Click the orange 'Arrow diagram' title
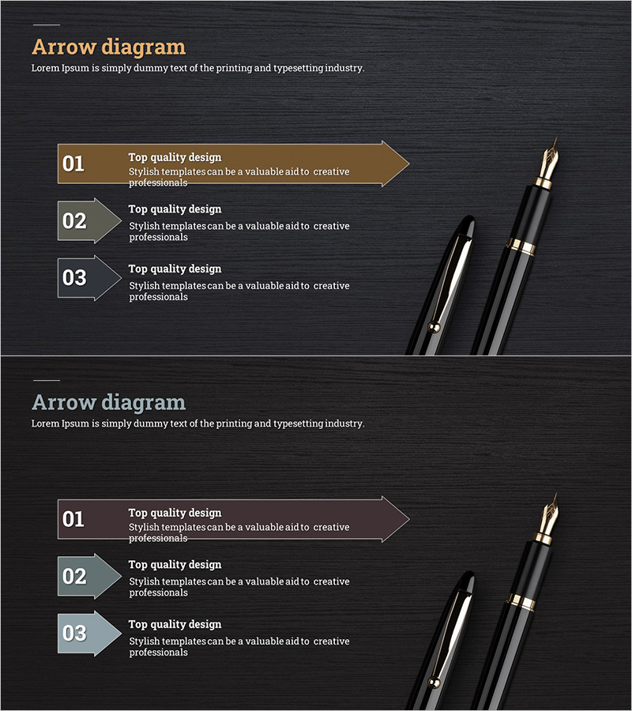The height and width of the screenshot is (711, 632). click(x=109, y=47)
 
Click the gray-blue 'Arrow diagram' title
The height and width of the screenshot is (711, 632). click(x=109, y=403)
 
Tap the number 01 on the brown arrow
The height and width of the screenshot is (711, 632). click(x=73, y=164)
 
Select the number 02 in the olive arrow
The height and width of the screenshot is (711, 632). click(x=74, y=221)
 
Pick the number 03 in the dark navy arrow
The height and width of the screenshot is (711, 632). click(x=74, y=278)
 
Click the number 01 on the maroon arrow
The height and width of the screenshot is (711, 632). click(x=73, y=519)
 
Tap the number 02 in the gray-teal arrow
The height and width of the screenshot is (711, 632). click(x=74, y=577)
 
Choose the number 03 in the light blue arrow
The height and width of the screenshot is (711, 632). click(x=74, y=634)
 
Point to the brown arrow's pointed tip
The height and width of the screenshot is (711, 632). click(x=409, y=164)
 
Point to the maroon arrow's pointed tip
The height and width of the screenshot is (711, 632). click(x=409, y=519)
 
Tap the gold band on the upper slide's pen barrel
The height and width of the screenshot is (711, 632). click(x=521, y=246)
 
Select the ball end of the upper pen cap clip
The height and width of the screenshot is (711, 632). click(x=434, y=326)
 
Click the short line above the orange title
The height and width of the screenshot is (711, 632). click(x=47, y=24)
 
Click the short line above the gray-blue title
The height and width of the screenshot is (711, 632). click(x=47, y=380)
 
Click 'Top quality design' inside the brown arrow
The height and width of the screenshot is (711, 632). click(x=175, y=157)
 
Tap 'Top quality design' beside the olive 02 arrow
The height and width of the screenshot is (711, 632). click(x=175, y=209)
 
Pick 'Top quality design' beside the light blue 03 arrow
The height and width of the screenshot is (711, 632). click(x=175, y=624)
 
